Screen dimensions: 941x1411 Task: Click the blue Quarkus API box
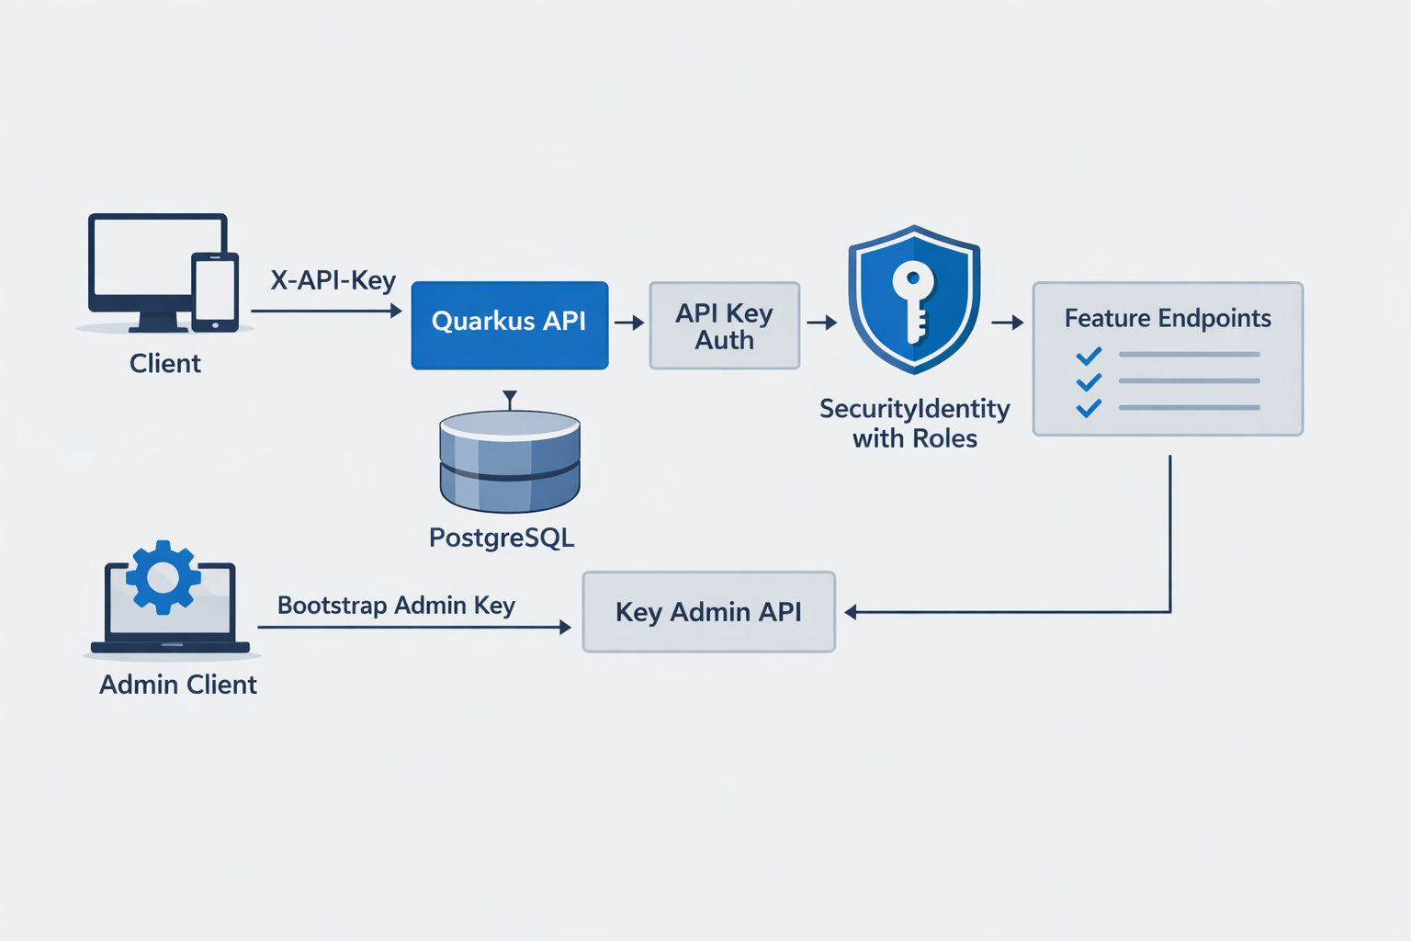coord(509,325)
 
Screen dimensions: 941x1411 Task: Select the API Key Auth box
coord(724,326)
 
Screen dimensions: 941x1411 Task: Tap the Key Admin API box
coord(708,612)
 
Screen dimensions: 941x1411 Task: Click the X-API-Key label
coord(333,280)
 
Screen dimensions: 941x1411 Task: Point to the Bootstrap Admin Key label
coord(396,606)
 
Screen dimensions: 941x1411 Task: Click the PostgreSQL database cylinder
coord(510,461)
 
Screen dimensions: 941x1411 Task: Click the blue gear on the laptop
coord(164,577)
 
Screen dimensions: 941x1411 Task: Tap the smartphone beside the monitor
coord(215,291)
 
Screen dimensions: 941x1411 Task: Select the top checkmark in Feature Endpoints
coord(1089,356)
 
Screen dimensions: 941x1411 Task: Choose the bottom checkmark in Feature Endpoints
coord(1089,408)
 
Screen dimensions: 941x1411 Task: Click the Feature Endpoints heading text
coord(1168,318)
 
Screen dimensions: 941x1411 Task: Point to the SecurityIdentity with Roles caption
coord(914,423)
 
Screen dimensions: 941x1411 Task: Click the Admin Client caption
coord(178,685)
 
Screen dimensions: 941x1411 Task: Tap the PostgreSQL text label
coord(502,538)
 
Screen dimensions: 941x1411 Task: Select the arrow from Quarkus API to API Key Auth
coord(629,323)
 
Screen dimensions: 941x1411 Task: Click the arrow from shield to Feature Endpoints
coord(1008,323)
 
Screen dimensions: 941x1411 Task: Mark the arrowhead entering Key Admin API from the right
coord(851,612)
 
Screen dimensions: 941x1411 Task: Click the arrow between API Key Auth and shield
coord(822,323)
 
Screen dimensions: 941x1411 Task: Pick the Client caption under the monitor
coord(165,364)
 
